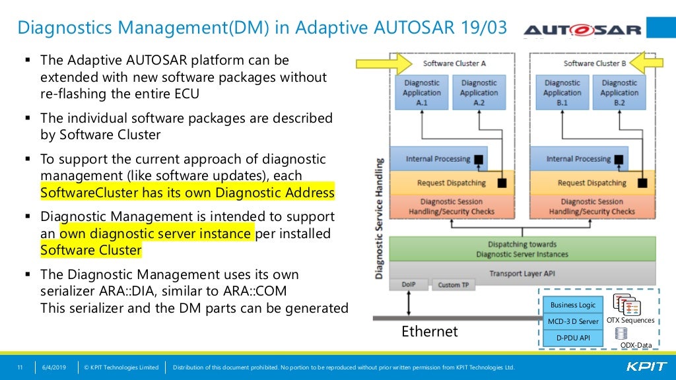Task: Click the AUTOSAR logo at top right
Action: pyautogui.click(x=582, y=30)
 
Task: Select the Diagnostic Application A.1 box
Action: pyautogui.click(x=422, y=93)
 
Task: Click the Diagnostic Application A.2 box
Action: pyautogui.click(x=479, y=93)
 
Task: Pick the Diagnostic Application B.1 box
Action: pyautogui.click(x=562, y=93)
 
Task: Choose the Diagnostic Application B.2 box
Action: pyautogui.click(x=619, y=93)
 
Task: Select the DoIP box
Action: pyautogui.click(x=409, y=285)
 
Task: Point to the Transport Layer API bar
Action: pyautogui.click(x=522, y=272)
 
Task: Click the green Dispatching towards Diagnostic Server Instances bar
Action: pyautogui.click(x=522, y=249)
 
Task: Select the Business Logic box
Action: pyautogui.click(x=573, y=305)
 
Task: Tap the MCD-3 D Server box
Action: pyautogui.click(x=573, y=321)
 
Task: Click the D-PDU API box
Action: pyautogui.click(x=573, y=338)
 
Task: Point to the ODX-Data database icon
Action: pyautogui.click(x=621, y=334)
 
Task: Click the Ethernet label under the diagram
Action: pyautogui.click(x=430, y=331)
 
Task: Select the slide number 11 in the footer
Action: pyautogui.click(x=20, y=367)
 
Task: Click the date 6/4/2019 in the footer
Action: pyautogui.click(x=55, y=367)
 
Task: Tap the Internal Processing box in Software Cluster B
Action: pyautogui.click(x=578, y=159)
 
